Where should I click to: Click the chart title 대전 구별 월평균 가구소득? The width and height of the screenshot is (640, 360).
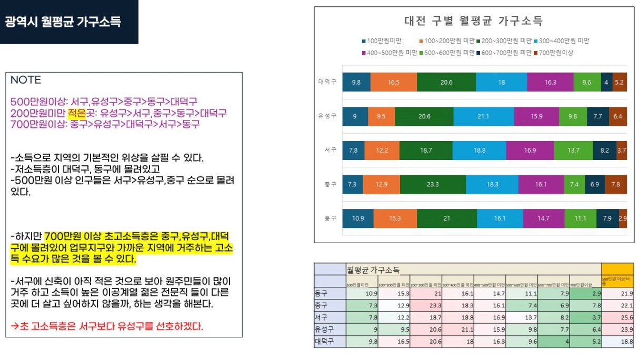473,21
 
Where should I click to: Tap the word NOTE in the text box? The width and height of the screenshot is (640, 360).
26,80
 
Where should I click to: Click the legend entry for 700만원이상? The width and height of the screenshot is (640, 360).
554,53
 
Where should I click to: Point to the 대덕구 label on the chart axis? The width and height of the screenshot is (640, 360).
327,82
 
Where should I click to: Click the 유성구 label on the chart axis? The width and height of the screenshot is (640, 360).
327,116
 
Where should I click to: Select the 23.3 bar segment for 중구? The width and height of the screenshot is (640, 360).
433,184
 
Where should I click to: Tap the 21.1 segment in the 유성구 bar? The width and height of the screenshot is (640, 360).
483,116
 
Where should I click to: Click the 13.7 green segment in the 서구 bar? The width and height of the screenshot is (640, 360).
573,151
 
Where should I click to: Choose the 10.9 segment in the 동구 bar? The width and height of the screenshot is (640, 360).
357,218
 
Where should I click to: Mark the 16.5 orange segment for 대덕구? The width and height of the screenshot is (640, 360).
393,83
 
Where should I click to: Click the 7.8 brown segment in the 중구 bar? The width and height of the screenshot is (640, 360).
615,184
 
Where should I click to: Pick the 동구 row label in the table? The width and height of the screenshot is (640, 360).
322,293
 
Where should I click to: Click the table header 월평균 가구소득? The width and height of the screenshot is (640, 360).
373,269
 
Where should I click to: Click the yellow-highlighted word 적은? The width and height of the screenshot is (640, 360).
76,113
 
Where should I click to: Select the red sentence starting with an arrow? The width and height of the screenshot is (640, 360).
107,326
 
